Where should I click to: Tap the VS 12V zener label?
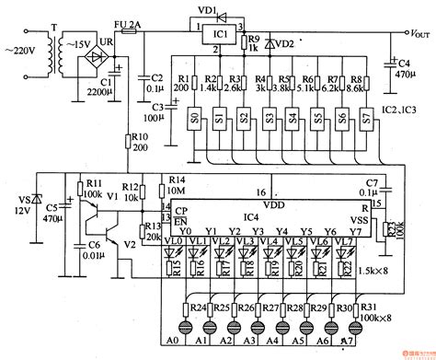click(x=18, y=204)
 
